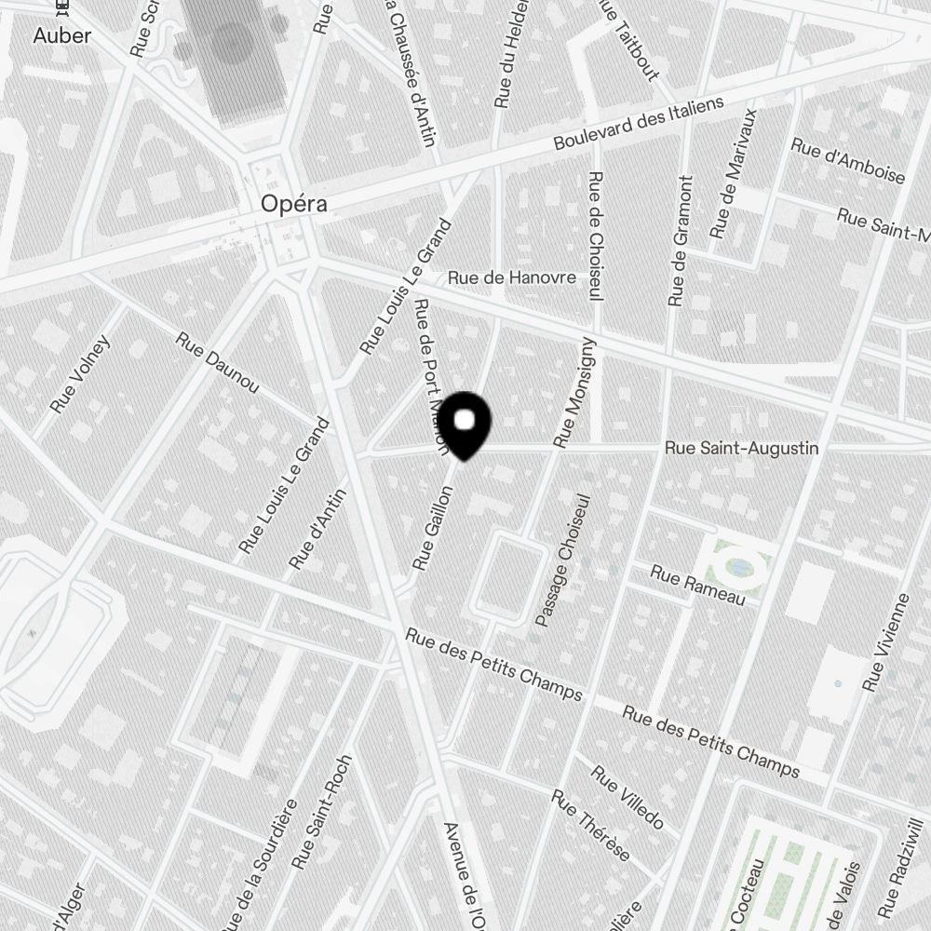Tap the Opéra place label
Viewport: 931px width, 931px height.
[293, 203]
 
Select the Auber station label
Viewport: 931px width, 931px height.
[62, 36]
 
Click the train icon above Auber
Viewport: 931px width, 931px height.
[62, 9]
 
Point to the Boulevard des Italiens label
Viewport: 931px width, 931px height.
[638, 123]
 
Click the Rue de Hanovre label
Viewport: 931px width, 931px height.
[511, 277]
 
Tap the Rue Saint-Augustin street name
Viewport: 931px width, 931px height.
[741, 449]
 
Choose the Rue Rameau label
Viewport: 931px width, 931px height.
[698, 586]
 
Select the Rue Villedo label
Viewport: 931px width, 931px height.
[627, 797]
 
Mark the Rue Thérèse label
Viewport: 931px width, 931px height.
[590, 825]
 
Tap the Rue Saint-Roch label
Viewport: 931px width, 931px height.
[321, 812]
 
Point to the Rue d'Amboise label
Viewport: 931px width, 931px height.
[847, 160]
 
